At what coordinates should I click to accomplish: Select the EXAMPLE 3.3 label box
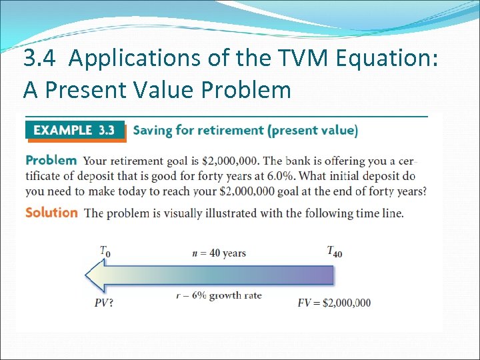75,131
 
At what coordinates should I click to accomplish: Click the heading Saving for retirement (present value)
245,131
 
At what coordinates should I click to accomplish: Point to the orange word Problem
51,161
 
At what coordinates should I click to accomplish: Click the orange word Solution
51,213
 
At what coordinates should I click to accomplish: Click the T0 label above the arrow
105,251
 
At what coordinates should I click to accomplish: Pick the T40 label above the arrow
334,251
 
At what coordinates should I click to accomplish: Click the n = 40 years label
220,253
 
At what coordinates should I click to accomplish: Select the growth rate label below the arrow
219,295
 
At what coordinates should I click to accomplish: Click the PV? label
103,303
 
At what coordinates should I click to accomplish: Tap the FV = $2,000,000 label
333,303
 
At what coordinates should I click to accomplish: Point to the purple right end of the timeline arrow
323,275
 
